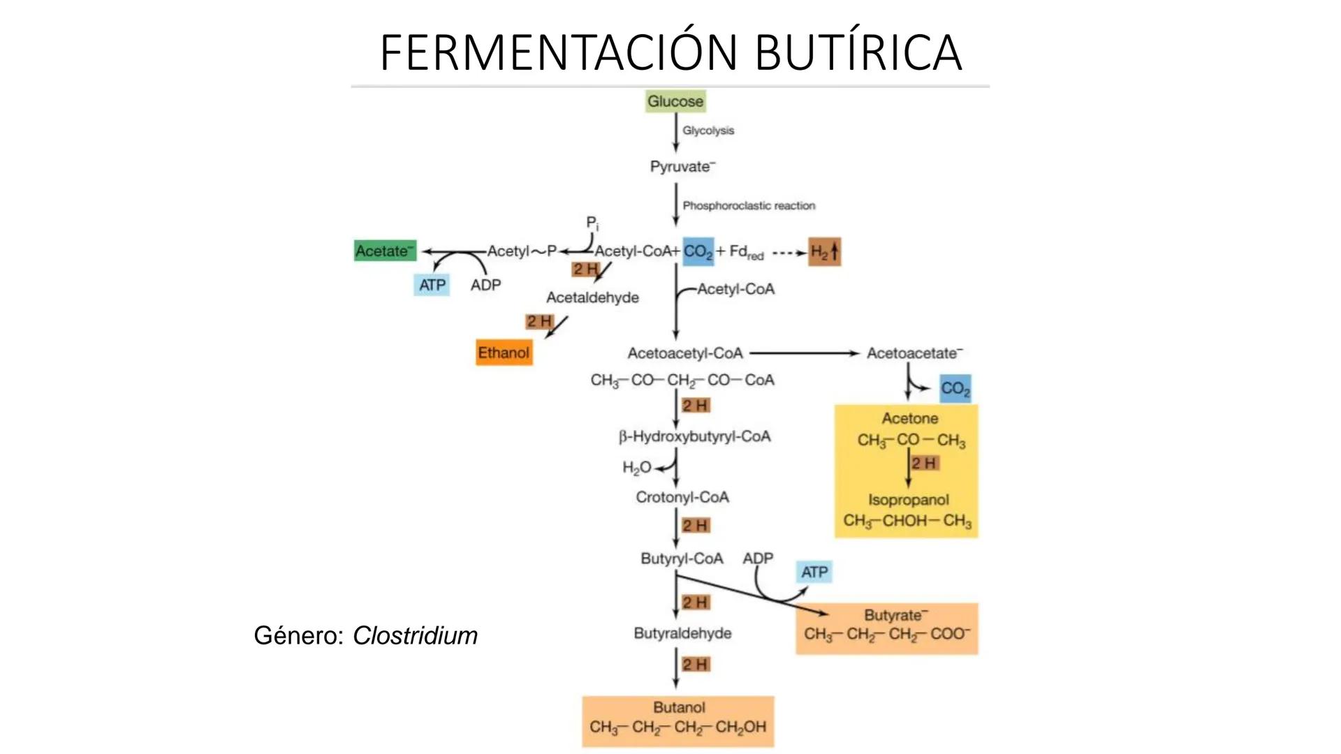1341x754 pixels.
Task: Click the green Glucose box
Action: (x=675, y=101)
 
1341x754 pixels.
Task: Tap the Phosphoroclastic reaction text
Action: (x=749, y=206)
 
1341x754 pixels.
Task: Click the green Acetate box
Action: (x=385, y=251)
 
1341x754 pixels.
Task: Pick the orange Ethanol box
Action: (x=504, y=353)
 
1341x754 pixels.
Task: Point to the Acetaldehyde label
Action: (x=592, y=297)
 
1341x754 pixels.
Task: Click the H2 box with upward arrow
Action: (x=824, y=252)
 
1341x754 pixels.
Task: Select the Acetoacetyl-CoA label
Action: (x=684, y=353)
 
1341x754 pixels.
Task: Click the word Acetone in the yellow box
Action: (x=909, y=418)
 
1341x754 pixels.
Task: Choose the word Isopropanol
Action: (x=908, y=500)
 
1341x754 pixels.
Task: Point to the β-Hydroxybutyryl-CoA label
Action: (x=694, y=437)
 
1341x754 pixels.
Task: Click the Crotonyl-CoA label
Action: (x=682, y=497)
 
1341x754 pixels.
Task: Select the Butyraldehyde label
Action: (x=682, y=633)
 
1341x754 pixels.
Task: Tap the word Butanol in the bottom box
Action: (x=679, y=707)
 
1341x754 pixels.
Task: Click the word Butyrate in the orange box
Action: (x=894, y=615)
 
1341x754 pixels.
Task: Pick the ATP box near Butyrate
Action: (x=814, y=572)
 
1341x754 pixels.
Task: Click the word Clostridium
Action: (x=415, y=635)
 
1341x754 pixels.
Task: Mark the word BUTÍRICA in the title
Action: (x=858, y=52)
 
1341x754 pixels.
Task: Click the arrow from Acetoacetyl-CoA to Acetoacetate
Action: (x=803, y=353)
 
